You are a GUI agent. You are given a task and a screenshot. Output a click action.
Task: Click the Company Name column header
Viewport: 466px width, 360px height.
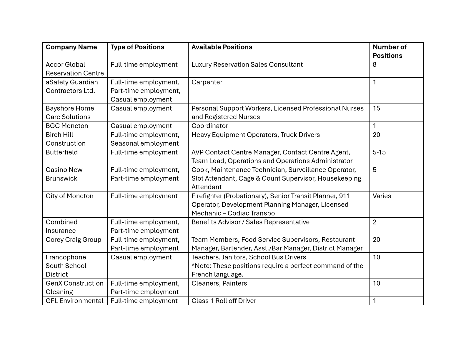click(x=71, y=47)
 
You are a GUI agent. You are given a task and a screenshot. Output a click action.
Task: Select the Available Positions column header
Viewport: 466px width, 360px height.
click(x=222, y=47)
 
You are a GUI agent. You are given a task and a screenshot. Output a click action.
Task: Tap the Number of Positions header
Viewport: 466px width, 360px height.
click(x=390, y=51)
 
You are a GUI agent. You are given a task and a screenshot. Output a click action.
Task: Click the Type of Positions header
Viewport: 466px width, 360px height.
click(x=137, y=47)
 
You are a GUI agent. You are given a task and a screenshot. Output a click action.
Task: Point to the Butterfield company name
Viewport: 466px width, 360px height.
click(x=62, y=152)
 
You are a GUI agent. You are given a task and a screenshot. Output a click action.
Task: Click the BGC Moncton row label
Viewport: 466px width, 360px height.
click(x=67, y=126)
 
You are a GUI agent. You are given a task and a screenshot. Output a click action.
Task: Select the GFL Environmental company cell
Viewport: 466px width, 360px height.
click(x=74, y=301)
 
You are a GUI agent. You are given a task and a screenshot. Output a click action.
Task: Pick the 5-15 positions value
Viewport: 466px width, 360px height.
click(x=379, y=152)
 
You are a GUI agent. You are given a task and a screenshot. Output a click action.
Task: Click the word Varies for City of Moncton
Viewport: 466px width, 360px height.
click(x=382, y=196)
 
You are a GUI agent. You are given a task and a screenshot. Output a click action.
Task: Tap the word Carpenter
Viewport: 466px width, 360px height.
click(x=207, y=82)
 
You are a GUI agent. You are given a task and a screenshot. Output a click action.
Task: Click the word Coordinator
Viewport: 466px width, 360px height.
click(x=210, y=126)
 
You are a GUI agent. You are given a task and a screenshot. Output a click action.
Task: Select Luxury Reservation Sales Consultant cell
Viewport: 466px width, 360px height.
click(x=247, y=65)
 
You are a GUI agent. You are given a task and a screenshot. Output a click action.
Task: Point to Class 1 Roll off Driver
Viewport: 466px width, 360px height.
click(x=224, y=301)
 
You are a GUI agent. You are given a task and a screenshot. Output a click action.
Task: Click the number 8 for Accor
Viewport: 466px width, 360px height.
click(x=375, y=65)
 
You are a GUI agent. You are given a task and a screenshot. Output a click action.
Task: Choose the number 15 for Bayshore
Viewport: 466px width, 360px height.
click(x=377, y=109)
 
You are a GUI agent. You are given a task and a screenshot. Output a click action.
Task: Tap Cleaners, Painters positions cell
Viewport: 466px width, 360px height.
click(x=219, y=284)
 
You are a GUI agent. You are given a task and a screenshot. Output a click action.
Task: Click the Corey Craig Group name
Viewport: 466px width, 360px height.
click(x=73, y=240)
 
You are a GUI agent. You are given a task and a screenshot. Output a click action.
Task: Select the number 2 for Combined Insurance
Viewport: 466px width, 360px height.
click(x=375, y=222)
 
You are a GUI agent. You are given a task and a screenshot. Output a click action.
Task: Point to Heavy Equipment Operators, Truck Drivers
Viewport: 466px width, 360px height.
click(x=256, y=135)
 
